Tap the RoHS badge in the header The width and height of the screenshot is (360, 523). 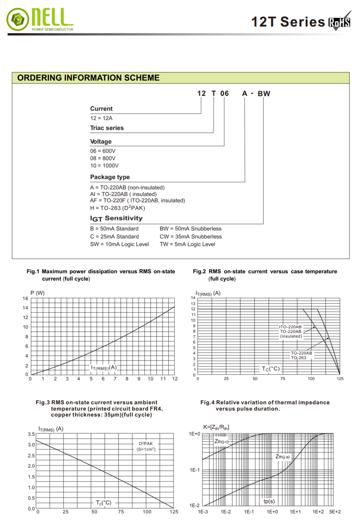339,23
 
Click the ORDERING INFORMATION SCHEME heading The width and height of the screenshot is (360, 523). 88,78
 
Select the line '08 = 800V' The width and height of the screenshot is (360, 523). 103,158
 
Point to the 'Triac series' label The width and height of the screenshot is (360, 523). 107,128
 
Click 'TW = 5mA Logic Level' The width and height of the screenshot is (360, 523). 187,244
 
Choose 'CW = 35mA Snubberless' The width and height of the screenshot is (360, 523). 190,236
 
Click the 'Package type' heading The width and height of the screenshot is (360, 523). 110,177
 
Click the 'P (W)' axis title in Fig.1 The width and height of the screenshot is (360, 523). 37,292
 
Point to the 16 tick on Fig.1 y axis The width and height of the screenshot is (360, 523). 25,299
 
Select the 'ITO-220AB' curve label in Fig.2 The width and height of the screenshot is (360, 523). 290,326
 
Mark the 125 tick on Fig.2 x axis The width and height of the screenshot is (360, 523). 340,379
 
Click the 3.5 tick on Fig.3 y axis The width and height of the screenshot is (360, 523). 31,434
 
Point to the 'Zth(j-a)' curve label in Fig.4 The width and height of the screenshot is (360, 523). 282,456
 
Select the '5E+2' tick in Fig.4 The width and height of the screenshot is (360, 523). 335,511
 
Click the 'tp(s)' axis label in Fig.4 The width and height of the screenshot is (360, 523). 269,501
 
